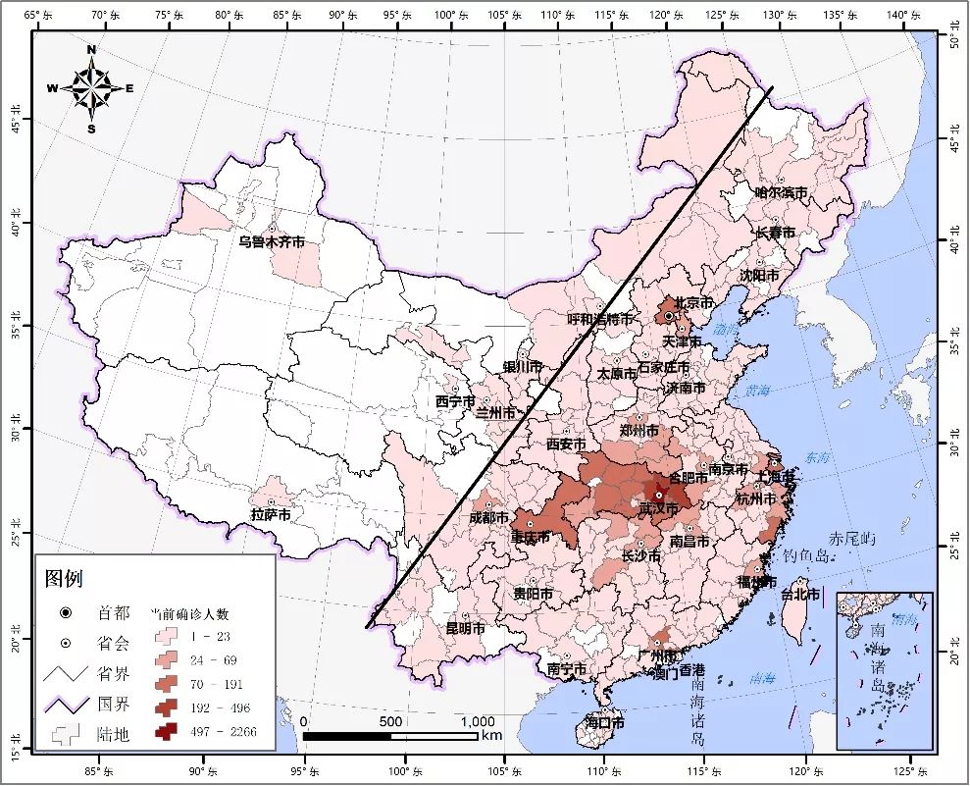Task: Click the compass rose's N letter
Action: tap(91, 49)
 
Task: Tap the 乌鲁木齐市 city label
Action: tap(272, 241)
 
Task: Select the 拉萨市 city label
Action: tap(271, 514)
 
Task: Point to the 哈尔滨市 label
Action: tap(781, 193)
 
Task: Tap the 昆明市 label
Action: tap(465, 628)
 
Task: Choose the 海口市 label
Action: tap(604, 722)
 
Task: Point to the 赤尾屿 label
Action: tap(849, 539)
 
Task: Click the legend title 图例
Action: tap(64, 579)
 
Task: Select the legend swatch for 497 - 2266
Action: tap(166, 732)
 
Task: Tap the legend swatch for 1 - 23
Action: tap(166, 638)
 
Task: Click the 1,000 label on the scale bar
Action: tap(477, 722)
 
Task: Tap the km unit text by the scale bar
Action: tap(491, 735)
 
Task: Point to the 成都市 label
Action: tap(488, 517)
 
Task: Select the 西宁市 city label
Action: tap(455, 402)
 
